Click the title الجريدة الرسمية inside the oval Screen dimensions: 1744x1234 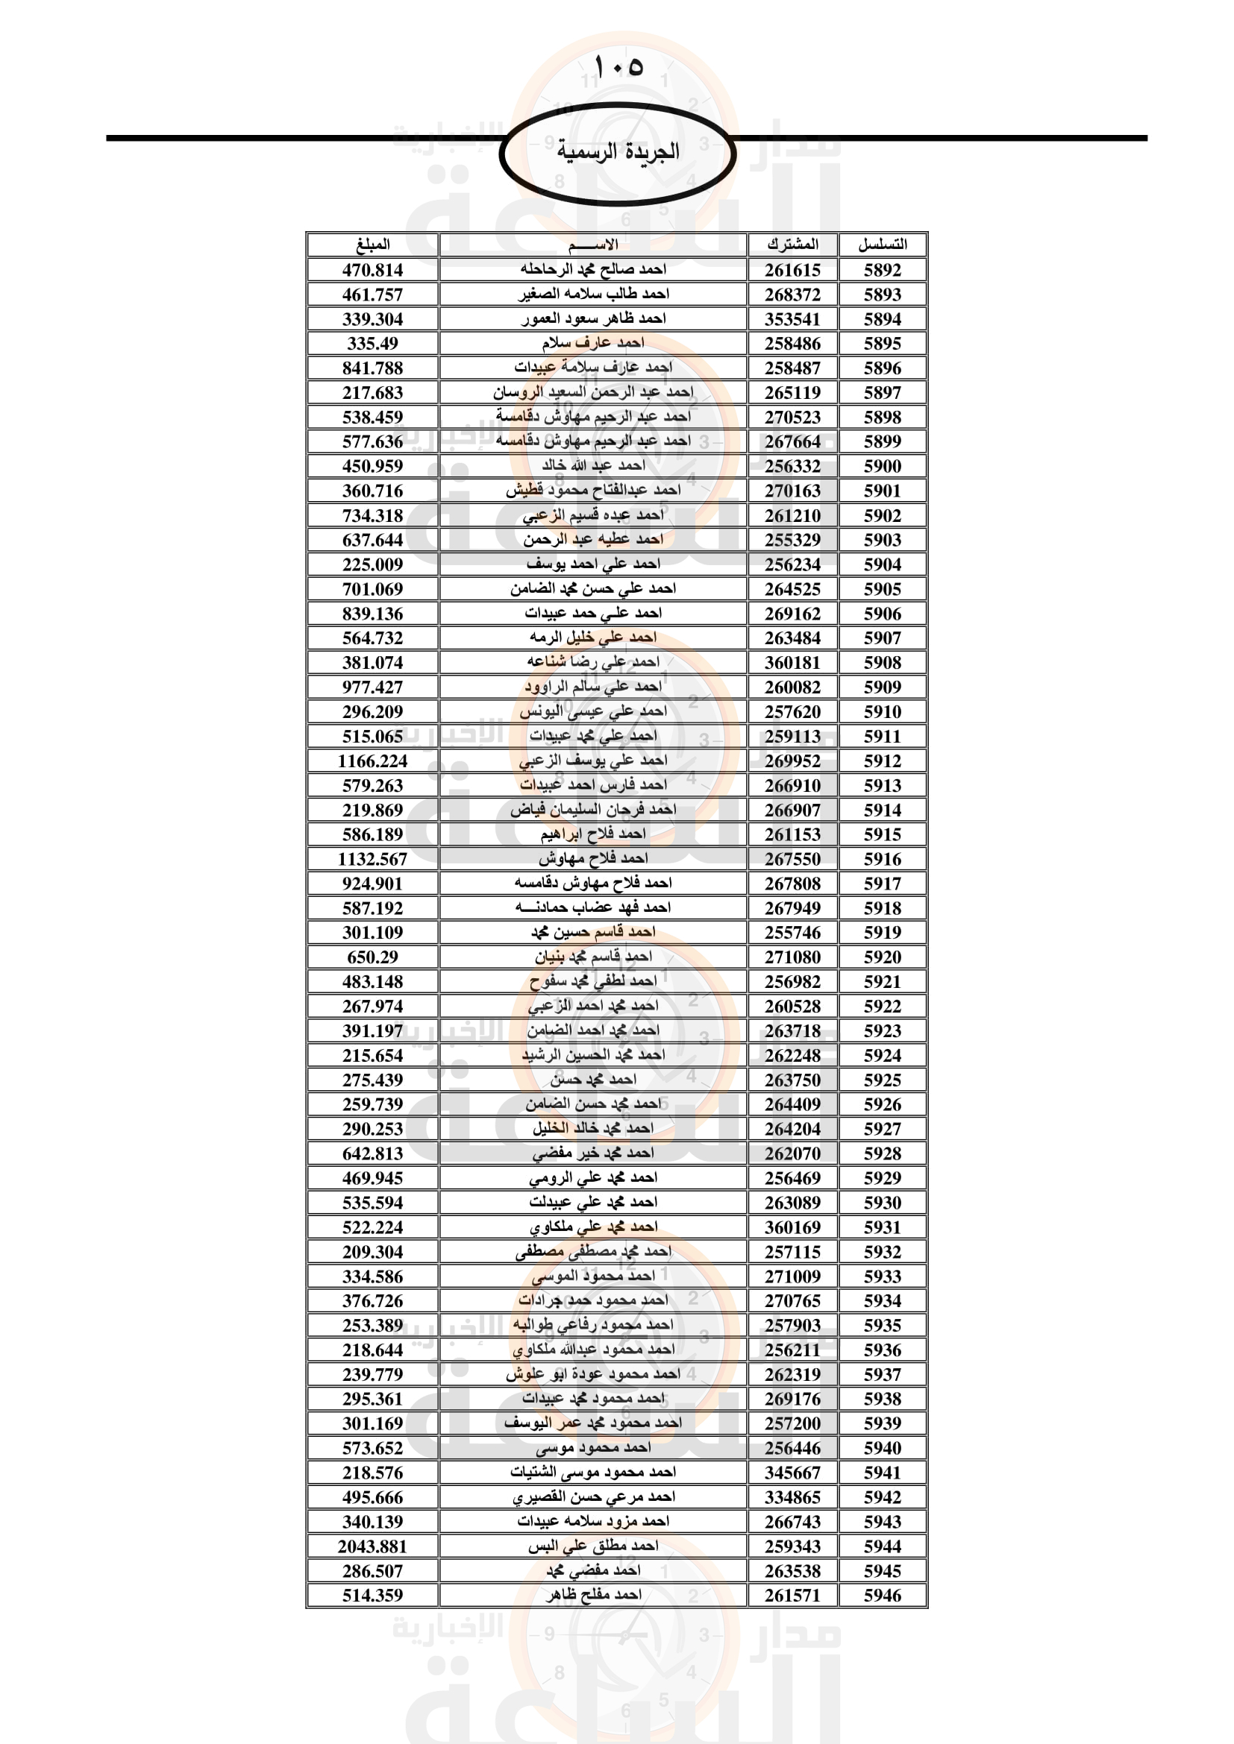point(618,151)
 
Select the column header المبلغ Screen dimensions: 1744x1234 point(372,245)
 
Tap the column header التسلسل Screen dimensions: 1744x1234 point(882,245)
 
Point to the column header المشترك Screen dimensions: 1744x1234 point(792,245)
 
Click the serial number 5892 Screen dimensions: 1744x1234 point(882,271)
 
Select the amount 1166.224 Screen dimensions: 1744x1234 point(372,761)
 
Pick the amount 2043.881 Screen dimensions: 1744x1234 point(372,1546)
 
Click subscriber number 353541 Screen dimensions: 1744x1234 point(792,319)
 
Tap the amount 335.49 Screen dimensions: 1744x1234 point(372,343)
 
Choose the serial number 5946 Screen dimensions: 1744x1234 point(882,1595)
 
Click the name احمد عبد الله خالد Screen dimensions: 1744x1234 point(592,465)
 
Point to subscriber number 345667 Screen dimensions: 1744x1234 point(792,1473)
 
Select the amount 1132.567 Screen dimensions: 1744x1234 point(372,859)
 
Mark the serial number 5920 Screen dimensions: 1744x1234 point(882,957)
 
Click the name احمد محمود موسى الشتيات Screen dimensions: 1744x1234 point(592,1472)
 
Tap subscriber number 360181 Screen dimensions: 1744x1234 point(792,662)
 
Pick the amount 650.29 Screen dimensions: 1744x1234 point(372,957)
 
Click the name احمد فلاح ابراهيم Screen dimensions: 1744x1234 point(592,834)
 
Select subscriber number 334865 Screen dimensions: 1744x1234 point(792,1497)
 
